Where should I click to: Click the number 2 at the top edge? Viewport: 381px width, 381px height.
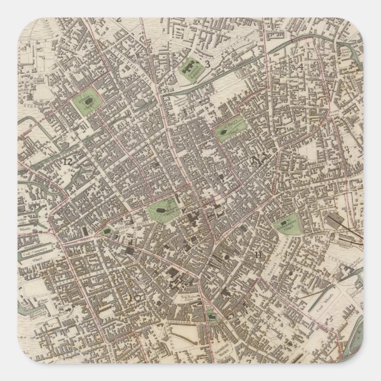click(119, 18)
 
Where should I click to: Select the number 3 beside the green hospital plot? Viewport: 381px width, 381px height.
click(208, 64)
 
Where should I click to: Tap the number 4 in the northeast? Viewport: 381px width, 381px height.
click(301, 66)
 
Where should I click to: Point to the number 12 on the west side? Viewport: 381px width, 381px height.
click(69, 160)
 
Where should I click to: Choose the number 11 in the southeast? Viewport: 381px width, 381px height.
click(259, 255)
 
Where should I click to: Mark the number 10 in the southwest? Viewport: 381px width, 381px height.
click(135, 298)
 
